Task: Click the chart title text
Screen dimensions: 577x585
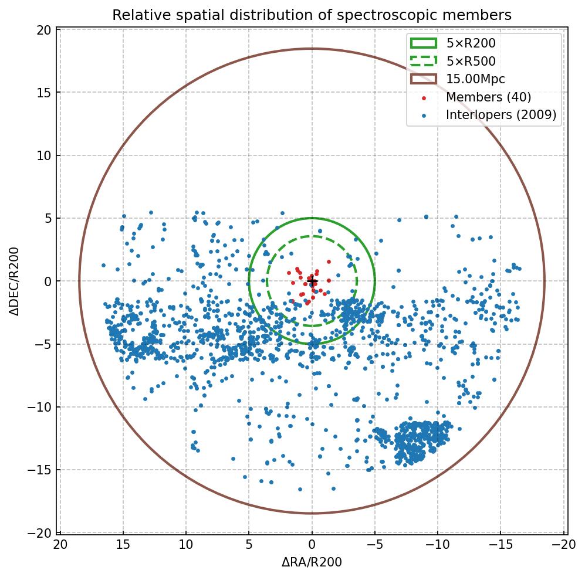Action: click(312, 15)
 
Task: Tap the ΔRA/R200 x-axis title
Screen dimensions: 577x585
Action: click(312, 562)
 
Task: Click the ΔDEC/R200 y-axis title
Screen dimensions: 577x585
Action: click(13, 281)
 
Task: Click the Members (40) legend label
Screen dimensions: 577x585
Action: click(488, 97)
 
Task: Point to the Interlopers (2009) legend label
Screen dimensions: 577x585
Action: click(501, 115)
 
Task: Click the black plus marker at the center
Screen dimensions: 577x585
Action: click(312, 282)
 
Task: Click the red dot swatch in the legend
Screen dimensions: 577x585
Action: click(424, 97)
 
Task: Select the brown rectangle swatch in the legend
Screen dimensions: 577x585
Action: click(424, 79)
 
